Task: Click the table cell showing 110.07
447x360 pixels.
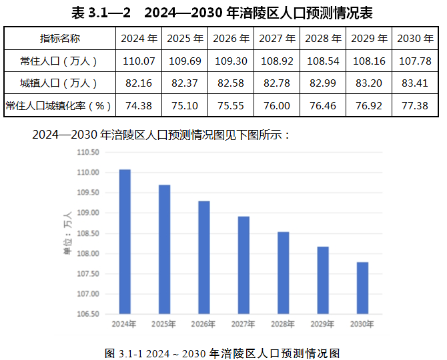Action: (138, 61)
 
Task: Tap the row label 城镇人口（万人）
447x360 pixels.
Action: (59, 83)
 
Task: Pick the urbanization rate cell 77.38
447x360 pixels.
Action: (415, 105)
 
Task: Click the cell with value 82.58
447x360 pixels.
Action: (231, 83)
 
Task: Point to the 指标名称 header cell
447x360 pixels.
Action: (59, 38)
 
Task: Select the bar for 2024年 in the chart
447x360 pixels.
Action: (125, 241)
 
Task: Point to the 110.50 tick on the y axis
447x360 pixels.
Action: (88, 152)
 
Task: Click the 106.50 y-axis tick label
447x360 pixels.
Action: (88, 314)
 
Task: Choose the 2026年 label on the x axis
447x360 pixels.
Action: (203, 325)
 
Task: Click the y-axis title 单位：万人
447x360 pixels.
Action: (67, 233)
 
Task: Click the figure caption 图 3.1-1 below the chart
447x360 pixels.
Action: (223, 353)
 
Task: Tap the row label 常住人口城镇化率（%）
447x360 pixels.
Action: (59, 105)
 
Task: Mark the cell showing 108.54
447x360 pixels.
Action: (323, 61)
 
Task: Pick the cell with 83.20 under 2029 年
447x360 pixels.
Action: (369, 83)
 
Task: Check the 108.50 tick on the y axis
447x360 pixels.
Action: (88, 233)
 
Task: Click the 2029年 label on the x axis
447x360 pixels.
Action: (322, 325)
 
